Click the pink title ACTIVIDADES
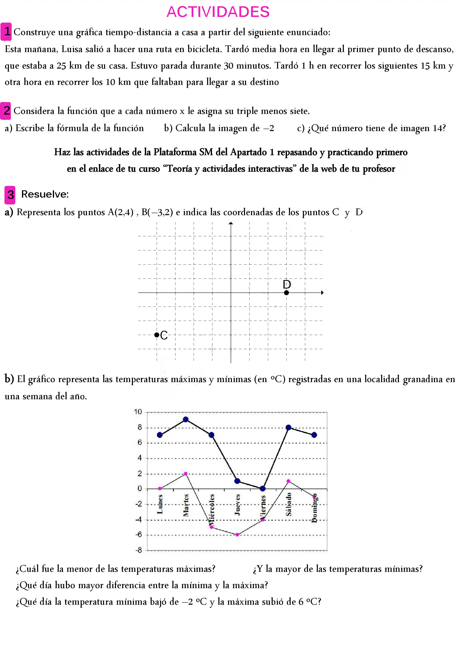[218, 12]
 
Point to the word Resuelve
[45, 194]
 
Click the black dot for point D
[287, 293]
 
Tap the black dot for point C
[156, 335]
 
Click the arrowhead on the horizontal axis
[322, 293]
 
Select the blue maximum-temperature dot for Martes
[186, 419]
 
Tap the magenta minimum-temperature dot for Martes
[186, 474]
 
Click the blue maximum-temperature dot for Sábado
[288, 427]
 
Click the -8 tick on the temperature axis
[139, 550]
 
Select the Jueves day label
[237, 505]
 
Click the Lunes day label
[160, 504]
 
